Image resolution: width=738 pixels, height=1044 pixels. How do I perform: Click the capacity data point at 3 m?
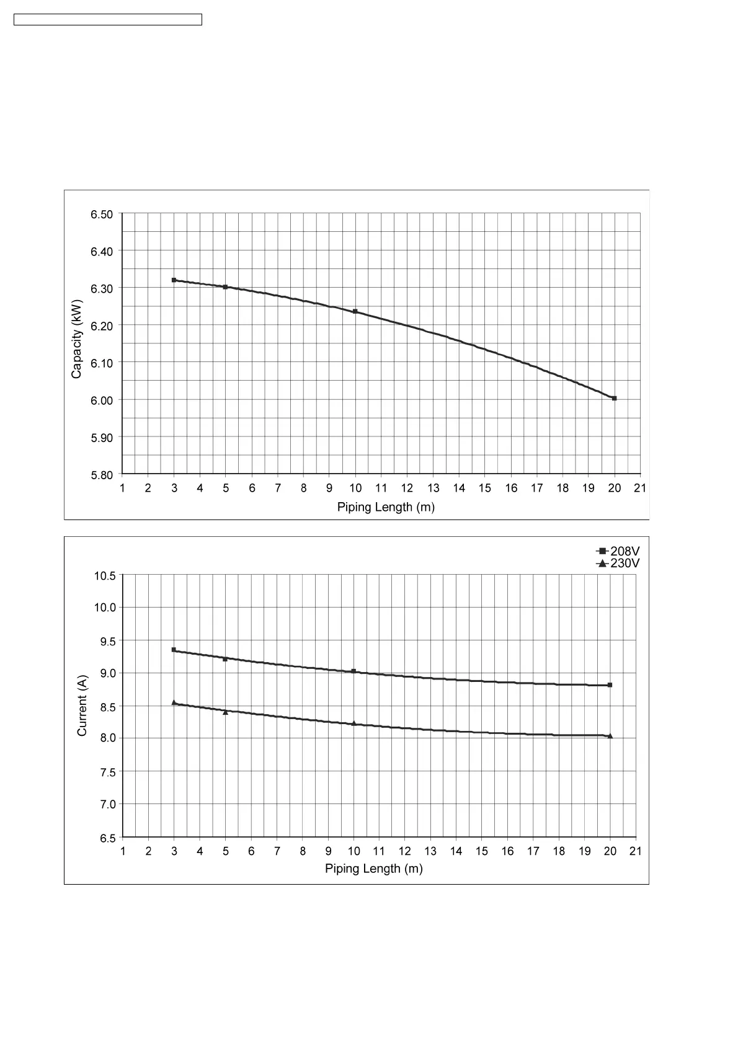pos(174,280)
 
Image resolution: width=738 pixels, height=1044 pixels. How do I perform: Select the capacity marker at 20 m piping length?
pos(614,398)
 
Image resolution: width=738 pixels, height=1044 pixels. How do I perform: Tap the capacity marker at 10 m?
pos(355,311)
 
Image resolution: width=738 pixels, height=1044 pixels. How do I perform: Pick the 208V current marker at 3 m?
pos(174,650)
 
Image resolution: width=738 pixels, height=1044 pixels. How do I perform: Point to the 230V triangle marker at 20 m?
pos(610,736)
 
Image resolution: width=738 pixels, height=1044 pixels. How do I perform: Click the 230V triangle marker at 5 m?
pos(225,712)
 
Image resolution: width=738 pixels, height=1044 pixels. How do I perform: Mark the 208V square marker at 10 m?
pos(353,671)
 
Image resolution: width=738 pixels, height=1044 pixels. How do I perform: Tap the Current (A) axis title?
pos(82,706)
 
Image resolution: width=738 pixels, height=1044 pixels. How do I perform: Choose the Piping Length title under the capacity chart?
pos(386,507)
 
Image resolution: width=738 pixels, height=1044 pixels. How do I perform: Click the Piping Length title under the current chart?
pos(374,869)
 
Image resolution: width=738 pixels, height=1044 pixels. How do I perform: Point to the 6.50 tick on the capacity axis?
pos(102,215)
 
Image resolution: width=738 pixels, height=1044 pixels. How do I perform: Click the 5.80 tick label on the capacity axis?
pos(102,475)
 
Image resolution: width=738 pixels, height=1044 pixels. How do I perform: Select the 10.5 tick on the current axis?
pos(105,576)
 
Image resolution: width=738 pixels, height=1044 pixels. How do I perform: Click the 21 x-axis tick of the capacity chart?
pos(640,489)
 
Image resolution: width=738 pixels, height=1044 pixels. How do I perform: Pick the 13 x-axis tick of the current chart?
pos(430,851)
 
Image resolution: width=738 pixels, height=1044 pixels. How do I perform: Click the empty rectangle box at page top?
pos(108,20)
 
